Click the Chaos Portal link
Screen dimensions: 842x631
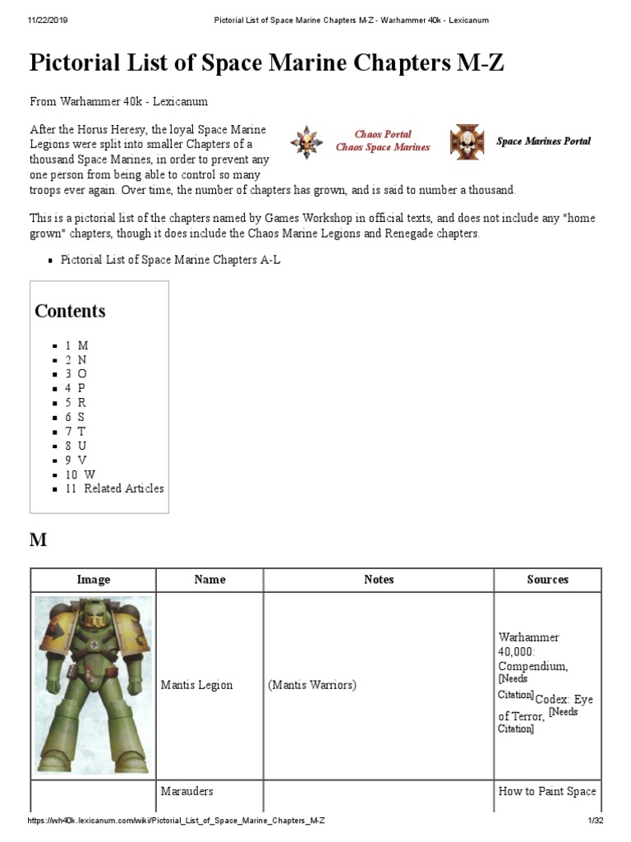point(382,134)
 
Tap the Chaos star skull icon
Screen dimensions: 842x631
point(305,141)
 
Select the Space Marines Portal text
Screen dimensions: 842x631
point(543,141)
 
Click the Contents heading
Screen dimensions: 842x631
point(70,311)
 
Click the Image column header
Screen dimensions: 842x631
point(93,580)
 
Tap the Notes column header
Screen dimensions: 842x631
point(378,580)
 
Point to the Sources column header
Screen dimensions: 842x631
point(547,580)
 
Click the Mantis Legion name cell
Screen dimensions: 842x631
point(196,685)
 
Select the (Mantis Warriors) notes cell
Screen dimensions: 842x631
point(312,685)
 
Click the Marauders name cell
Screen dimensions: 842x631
point(187,791)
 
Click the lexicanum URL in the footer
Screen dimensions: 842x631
point(177,821)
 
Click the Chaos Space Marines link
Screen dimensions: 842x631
point(382,147)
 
